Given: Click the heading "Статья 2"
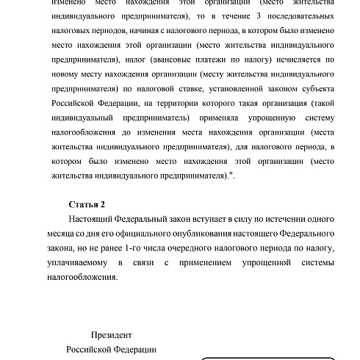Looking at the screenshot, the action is (x=87, y=205).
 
